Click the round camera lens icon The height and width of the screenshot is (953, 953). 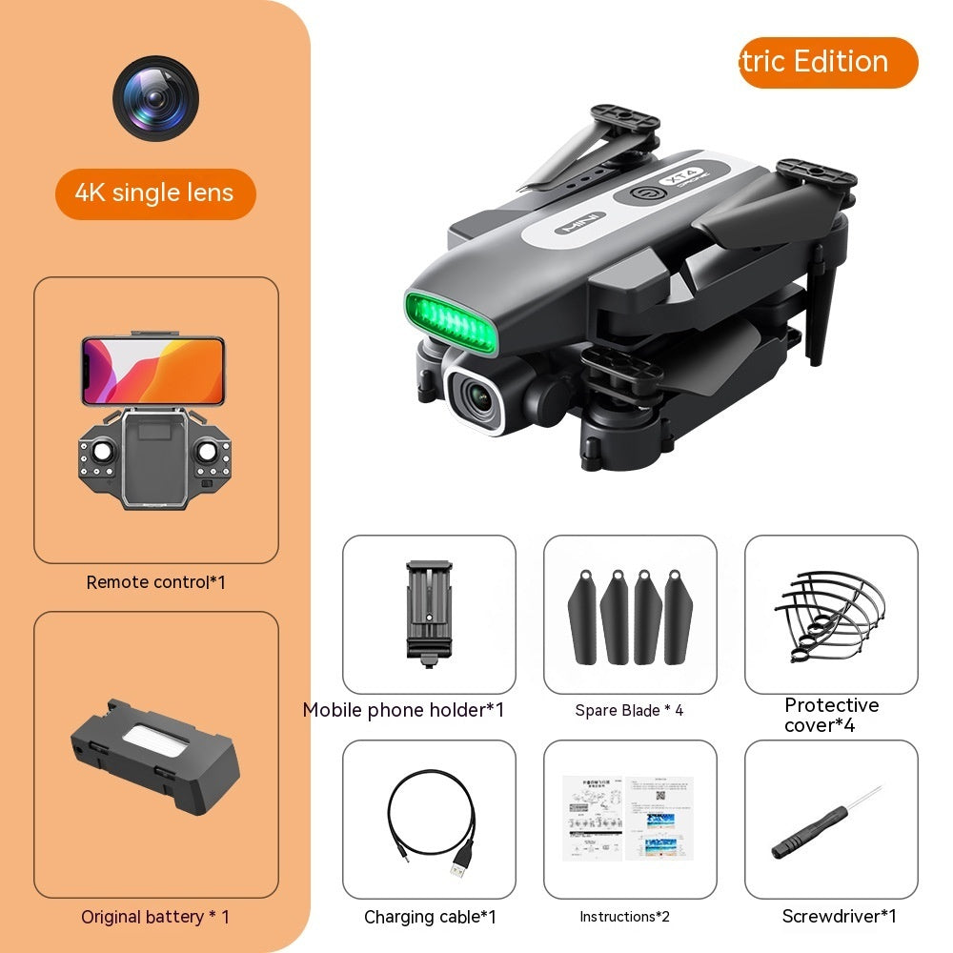pyautogui.click(x=155, y=99)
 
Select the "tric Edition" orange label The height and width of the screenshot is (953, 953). pyautogui.click(x=827, y=63)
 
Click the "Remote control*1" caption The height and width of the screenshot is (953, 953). pyautogui.click(x=155, y=581)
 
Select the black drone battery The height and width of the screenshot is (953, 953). pyautogui.click(x=155, y=755)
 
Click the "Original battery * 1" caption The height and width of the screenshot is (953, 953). pyautogui.click(x=155, y=917)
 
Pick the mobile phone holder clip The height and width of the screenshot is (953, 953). pyautogui.click(x=428, y=608)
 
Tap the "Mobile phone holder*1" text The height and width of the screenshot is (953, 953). pyautogui.click(x=403, y=710)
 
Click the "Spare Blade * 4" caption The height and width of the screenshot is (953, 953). pyautogui.click(x=629, y=710)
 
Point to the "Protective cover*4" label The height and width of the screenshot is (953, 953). pyautogui.click(x=831, y=715)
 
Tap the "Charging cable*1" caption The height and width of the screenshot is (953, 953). pyautogui.click(x=430, y=917)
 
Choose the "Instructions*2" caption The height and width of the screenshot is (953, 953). pyautogui.click(x=624, y=917)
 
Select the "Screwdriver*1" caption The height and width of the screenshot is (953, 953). pyautogui.click(x=839, y=917)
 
